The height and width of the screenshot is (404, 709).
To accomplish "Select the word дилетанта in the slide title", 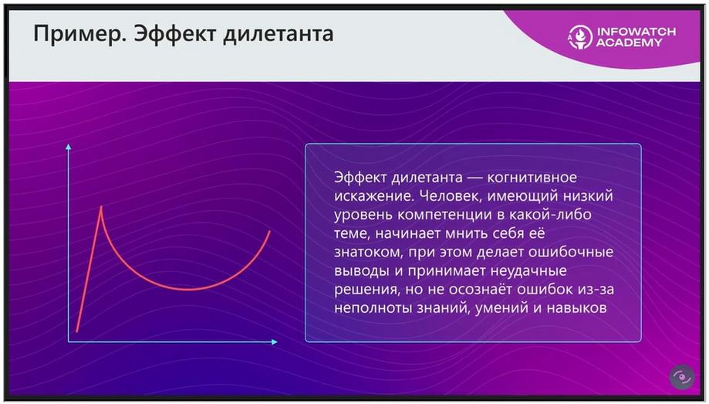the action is (x=278, y=35).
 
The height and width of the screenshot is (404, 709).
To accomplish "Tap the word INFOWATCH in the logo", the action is (x=636, y=32).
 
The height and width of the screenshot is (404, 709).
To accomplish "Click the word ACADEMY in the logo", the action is (x=629, y=42).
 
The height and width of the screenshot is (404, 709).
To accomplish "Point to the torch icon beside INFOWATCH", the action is (x=581, y=36).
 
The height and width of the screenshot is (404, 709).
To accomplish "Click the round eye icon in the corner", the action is (x=682, y=377).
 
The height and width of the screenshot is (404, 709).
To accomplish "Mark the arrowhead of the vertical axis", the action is (x=69, y=147).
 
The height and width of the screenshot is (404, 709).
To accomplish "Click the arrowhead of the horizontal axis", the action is (x=274, y=341).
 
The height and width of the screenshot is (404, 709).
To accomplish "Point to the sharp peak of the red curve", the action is (x=101, y=207).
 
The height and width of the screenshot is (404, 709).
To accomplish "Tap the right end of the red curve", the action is (x=270, y=231).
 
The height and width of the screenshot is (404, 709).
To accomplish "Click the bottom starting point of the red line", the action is (x=77, y=332).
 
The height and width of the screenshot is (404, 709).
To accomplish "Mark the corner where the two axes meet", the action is (x=69, y=341).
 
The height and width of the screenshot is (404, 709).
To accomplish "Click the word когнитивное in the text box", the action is (x=532, y=177).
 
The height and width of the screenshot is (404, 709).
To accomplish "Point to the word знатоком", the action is (x=368, y=252).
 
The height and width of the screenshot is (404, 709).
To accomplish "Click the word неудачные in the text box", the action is (x=528, y=271).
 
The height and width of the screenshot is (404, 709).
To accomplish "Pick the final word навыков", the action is (x=576, y=308).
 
